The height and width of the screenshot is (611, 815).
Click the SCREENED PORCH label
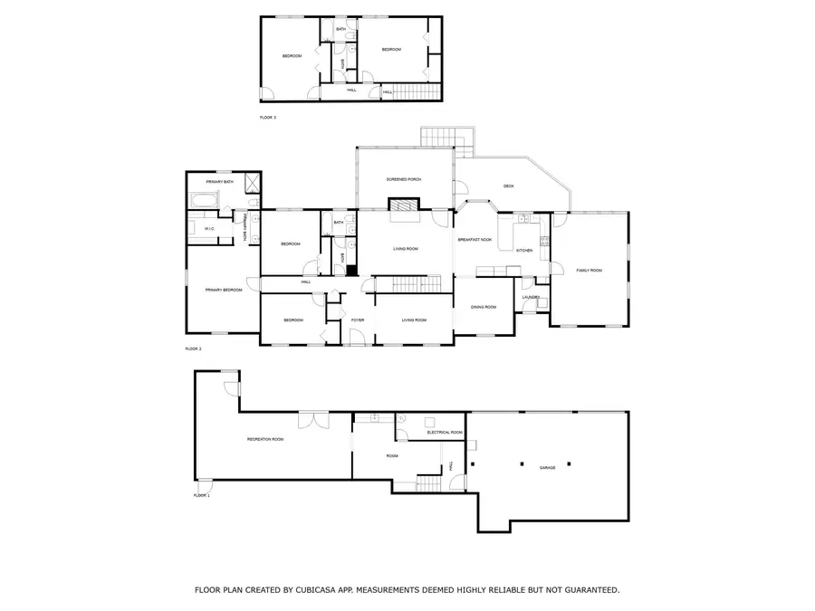pyautogui.click(x=403, y=180)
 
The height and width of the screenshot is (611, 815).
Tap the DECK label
pyautogui.click(x=508, y=187)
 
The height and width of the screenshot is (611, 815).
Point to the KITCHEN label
pyautogui.click(x=524, y=250)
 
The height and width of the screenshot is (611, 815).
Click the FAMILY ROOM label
pyautogui.click(x=589, y=271)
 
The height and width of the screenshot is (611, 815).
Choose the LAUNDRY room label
pyautogui.click(x=532, y=297)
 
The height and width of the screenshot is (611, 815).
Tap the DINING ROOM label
pyautogui.click(x=484, y=307)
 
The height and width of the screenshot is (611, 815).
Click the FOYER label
pyautogui.click(x=358, y=320)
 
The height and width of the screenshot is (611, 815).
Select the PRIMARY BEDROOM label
pyautogui.click(x=223, y=290)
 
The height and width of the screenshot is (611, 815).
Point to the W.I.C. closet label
pyautogui.click(x=208, y=229)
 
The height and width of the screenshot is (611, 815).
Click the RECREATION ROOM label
pyautogui.click(x=265, y=439)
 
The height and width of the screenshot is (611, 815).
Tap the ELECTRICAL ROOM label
pyautogui.click(x=446, y=434)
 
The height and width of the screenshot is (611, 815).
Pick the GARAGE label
pyautogui.click(x=548, y=468)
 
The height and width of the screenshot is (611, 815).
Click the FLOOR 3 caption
pyautogui.click(x=267, y=119)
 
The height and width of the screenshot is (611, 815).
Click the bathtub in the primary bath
pyautogui.click(x=203, y=200)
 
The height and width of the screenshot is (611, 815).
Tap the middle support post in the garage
pyautogui.click(x=545, y=464)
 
